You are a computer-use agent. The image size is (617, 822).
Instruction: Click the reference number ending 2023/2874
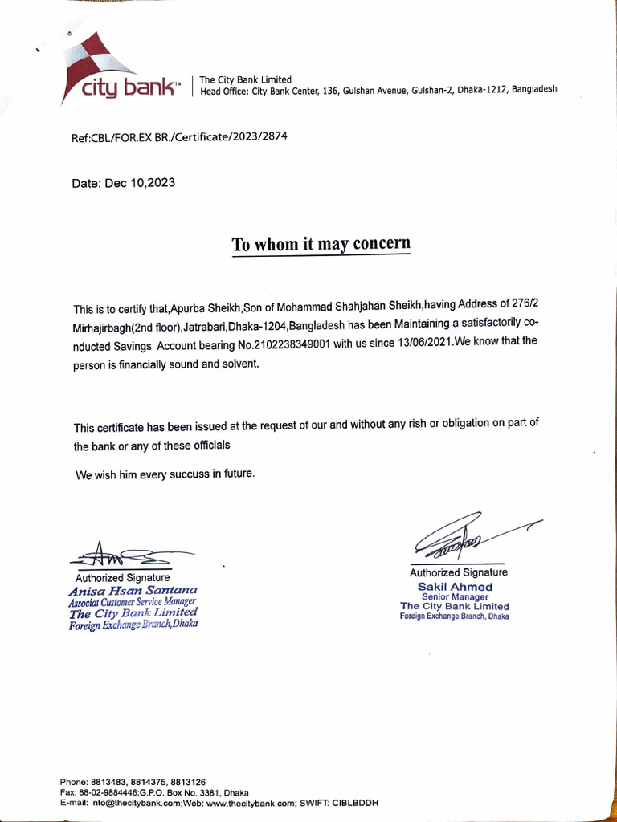coord(179,137)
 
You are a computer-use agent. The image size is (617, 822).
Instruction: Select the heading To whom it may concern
coord(321,244)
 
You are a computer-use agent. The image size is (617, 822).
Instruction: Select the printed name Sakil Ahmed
coord(455,587)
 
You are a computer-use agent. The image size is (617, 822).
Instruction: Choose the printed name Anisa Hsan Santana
coord(133,590)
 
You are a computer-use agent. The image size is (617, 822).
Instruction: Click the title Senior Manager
coord(455,597)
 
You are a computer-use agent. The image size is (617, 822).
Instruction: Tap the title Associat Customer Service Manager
coord(133,601)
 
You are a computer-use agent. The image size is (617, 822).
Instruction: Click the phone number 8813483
coord(110,782)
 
